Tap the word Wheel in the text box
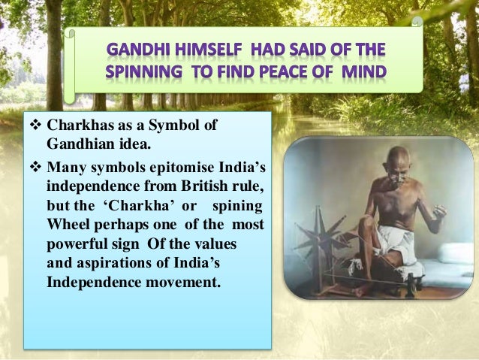coord(67,225)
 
